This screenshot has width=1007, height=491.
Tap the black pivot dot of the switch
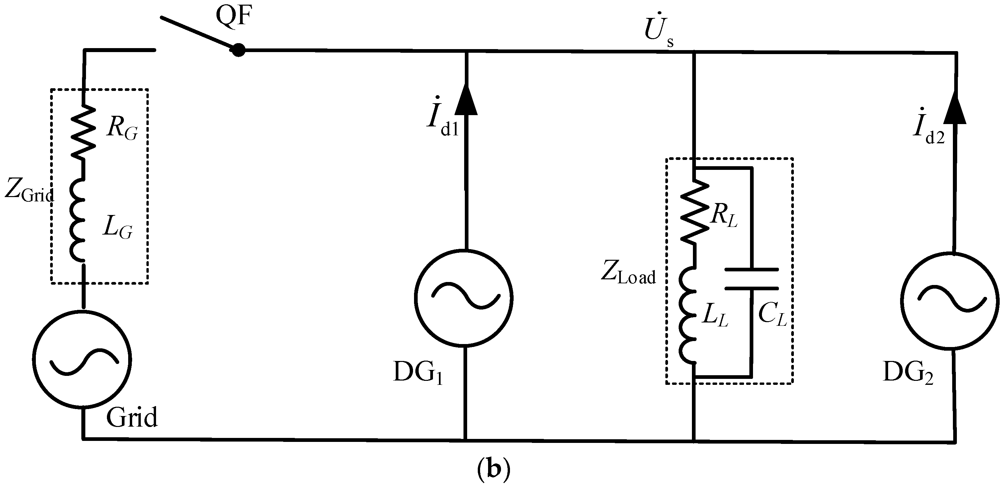pyautogui.click(x=238, y=50)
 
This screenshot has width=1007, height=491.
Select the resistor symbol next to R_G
pyautogui.click(x=83, y=132)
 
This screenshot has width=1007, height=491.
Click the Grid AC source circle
pyautogui.click(x=82, y=360)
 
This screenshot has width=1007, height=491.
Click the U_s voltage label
pyautogui.click(x=658, y=33)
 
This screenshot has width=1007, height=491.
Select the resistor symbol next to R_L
pyautogui.click(x=694, y=211)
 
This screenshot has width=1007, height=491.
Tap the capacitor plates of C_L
pyautogui.click(x=751, y=279)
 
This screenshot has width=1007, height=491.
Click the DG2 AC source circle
pyautogui.click(x=950, y=301)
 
